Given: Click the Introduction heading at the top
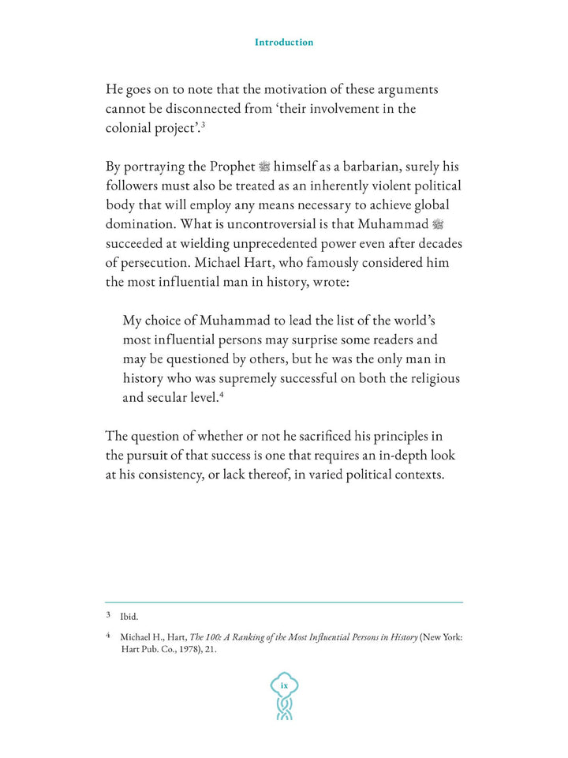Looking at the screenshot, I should click(283, 43).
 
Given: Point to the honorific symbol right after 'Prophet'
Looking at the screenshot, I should click(264, 167).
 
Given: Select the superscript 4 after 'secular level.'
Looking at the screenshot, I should click(222, 394).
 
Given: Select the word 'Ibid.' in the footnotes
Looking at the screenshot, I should click(129, 617).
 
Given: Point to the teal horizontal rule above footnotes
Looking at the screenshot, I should click(284, 602).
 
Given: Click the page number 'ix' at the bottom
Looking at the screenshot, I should click(284, 686).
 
